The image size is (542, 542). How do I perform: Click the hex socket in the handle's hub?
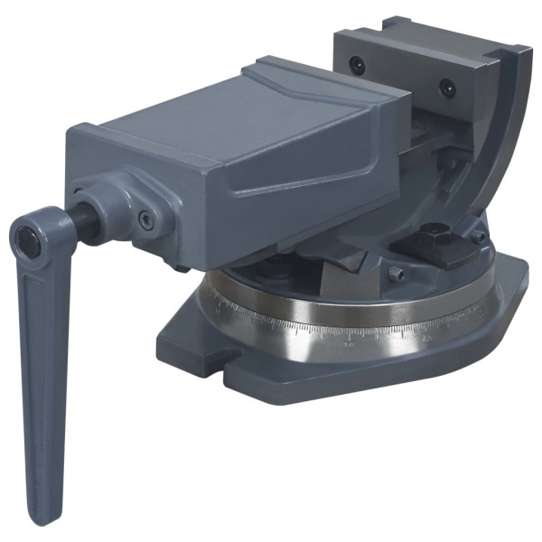[27, 238]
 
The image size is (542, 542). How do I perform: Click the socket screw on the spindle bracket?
[145, 219]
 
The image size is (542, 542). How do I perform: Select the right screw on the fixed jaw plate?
[446, 88]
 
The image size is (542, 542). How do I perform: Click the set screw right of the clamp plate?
[477, 237]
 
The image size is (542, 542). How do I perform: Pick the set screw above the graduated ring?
[395, 273]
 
